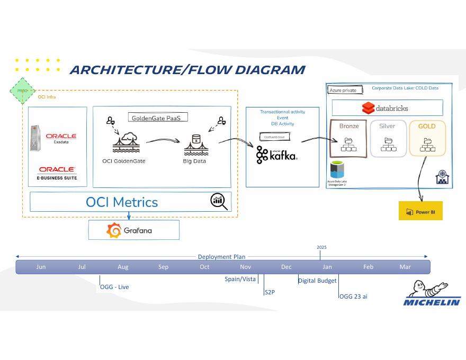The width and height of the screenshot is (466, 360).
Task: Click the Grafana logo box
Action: pyautogui.click(x=133, y=230)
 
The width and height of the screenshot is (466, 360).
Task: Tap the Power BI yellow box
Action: pyautogui.click(x=420, y=211)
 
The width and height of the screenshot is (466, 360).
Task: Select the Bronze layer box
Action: pyautogui.click(x=348, y=138)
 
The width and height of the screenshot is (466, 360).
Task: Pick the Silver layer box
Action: pyautogui.click(x=388, y=138)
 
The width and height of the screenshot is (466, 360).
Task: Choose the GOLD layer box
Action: pyautogui.click(x=427, y=138)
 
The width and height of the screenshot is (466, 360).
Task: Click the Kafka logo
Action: pyautogui.click(x=276, y=155)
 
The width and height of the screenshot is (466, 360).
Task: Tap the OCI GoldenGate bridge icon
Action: pyautogui.click(x=126, y=143)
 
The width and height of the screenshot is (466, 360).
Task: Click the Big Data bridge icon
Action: pyautogui.click(x=195, y=145)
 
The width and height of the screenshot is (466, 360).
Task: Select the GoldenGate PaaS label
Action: pyautogui.click(x=158, y=118)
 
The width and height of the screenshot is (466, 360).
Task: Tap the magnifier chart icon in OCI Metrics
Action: pyautogui.click(x=219, y=201)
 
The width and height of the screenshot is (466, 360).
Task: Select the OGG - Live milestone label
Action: pyautogui.click(x=114, y=287)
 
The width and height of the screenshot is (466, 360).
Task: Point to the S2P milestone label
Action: pyautogui.click(x=270, y=292)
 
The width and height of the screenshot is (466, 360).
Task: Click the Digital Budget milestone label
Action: pyautogui.click(x=318, y=281)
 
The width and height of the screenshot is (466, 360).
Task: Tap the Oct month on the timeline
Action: pyautogui.click(x=204, y=267)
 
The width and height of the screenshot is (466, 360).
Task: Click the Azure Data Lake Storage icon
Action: pyautogui.click(x=337, y=170)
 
